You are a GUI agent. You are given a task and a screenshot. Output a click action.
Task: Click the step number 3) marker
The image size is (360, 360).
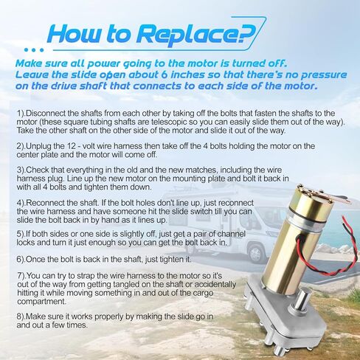[21, 170]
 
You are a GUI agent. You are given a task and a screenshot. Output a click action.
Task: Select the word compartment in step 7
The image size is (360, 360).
[42, 302]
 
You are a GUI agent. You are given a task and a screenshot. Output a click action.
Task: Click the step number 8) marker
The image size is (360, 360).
[21, 316]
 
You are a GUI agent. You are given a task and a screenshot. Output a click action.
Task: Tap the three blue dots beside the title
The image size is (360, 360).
[34, 50]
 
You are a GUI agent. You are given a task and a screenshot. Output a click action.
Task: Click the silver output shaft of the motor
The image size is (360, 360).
[300, 302]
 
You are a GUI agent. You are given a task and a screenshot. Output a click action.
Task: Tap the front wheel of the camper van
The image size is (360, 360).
[256, 253]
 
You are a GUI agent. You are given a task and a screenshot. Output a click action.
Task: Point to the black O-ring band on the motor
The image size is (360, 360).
[305, 219]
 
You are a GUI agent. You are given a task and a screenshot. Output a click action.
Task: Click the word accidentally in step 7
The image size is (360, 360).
[215, 285]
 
